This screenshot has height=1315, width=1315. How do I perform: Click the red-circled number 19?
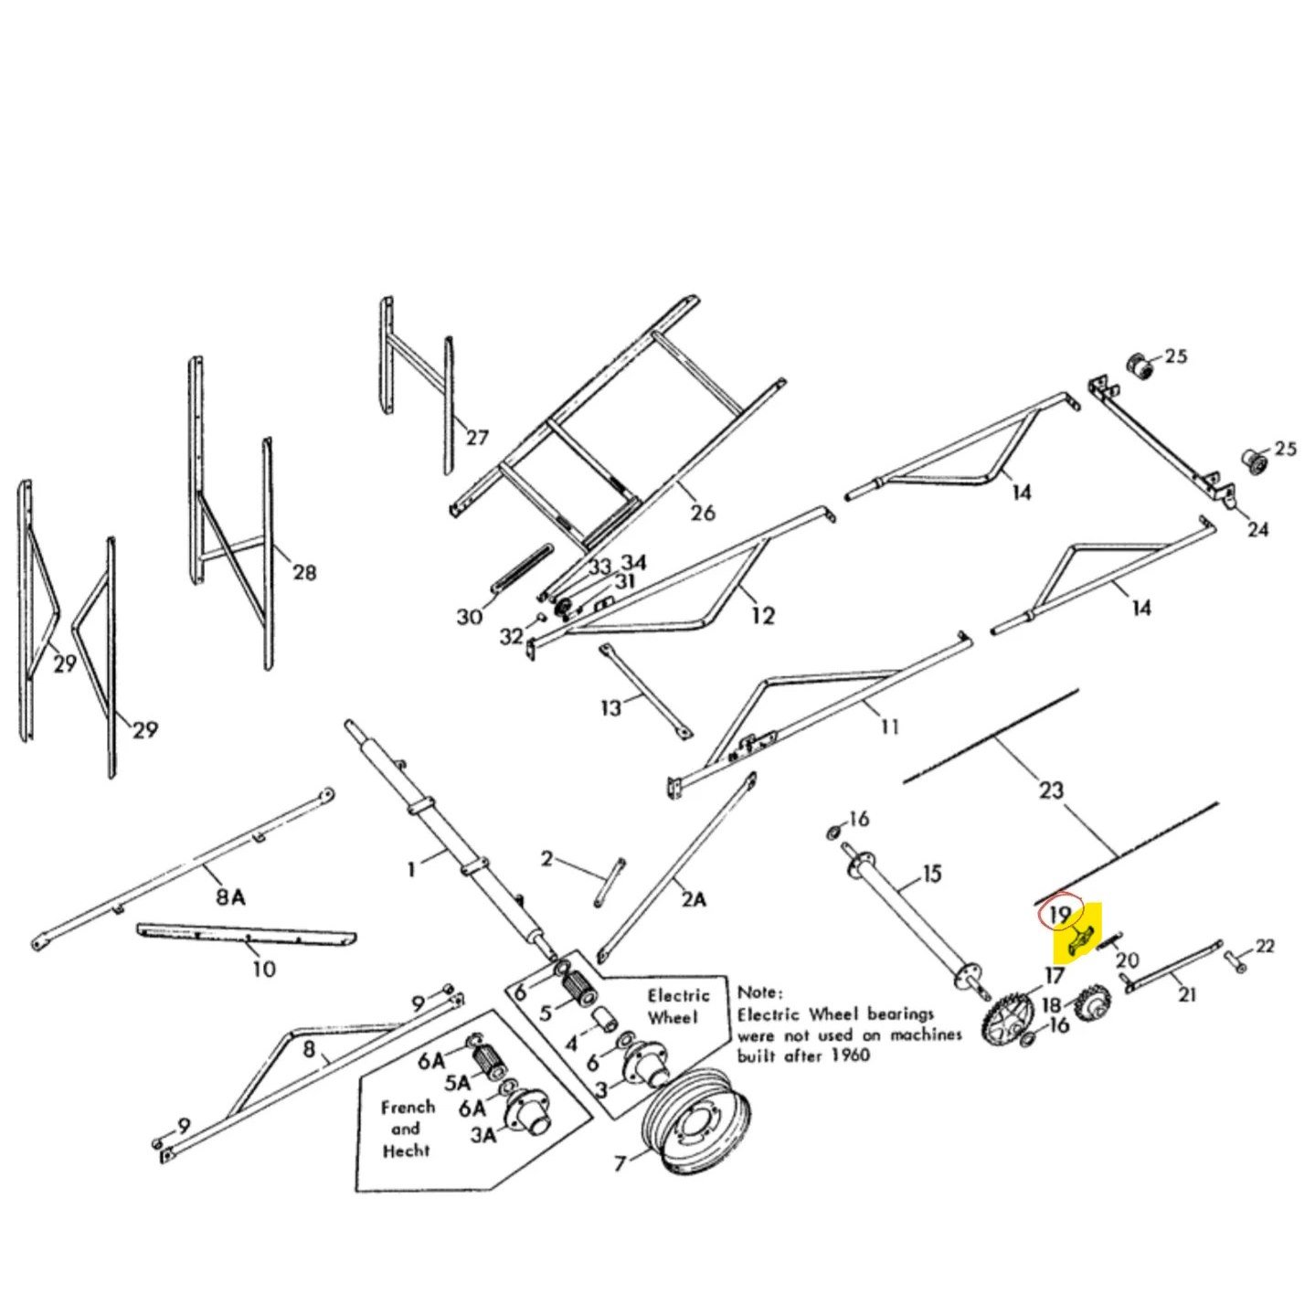click(1060, 915)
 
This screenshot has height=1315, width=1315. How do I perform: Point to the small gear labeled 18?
click(1092, 1005)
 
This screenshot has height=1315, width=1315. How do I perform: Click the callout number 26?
click(702, 513)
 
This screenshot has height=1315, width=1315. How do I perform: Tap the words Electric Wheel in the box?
click(678, 1006)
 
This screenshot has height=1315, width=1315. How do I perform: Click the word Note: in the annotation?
click(759, 992)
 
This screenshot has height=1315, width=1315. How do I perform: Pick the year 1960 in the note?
click(851, 1055)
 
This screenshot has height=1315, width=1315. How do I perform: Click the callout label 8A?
click(230, 896)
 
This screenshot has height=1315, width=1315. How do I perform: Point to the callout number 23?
click(1051, 790)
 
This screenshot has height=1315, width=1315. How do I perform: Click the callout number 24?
click(1257, 529)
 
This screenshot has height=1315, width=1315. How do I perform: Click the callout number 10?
click(263, 968)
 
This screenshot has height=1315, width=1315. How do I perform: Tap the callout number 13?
click(610, 707)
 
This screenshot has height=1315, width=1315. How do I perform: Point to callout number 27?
click(477, 438)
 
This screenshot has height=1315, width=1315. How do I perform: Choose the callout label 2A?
click(693, 899)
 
